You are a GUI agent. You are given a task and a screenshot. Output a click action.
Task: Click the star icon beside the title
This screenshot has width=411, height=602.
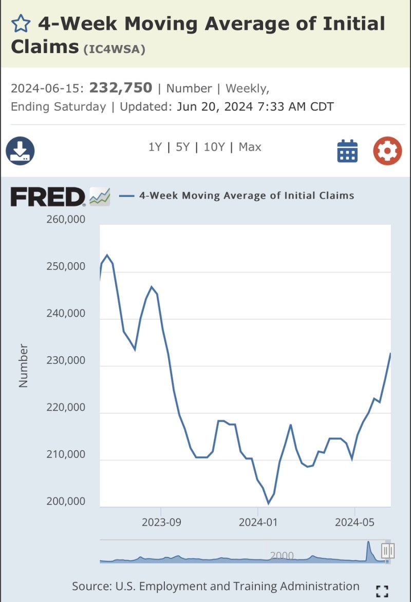coord(21,24)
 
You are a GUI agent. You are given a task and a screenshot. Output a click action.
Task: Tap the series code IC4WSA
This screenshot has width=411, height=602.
coord(115,49)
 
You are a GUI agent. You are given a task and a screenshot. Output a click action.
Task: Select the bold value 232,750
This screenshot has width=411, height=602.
coord(121,88)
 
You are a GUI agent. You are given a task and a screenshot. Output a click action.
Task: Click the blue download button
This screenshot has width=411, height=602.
coord(20,151)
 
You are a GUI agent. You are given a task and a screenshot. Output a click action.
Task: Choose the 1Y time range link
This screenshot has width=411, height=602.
coord(155,147)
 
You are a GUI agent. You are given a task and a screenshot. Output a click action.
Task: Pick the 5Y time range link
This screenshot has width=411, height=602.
coord(182,147)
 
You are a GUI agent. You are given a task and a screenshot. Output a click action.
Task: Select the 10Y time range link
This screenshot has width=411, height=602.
coord(214,147)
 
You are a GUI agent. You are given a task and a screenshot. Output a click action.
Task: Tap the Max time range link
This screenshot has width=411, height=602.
coord(250,147)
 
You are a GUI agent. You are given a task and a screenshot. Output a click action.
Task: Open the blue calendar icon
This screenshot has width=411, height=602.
coord(347,151)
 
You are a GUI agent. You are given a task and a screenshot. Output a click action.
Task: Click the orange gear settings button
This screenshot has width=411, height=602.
coord(387,151)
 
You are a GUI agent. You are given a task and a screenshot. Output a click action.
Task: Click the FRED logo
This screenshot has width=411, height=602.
coord(48,197)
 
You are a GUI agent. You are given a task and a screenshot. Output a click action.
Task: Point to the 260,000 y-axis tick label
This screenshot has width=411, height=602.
coord(66,220)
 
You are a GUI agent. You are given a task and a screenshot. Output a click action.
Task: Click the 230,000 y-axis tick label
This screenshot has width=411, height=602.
coord(66,361)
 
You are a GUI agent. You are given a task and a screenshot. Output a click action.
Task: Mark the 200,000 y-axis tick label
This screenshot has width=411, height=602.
coord(66,501)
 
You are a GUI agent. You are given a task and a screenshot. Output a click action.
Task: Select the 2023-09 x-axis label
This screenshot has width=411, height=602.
coord(161,522)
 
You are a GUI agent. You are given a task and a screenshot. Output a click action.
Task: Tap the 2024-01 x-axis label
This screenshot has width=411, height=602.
coord(258,522)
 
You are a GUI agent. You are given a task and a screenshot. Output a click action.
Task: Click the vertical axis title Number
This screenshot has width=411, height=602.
coord(23,365)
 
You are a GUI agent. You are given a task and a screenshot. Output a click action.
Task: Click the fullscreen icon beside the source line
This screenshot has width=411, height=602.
coord(382,591)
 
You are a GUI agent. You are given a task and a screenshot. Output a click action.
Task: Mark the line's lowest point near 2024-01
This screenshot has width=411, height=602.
coord(268,503)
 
